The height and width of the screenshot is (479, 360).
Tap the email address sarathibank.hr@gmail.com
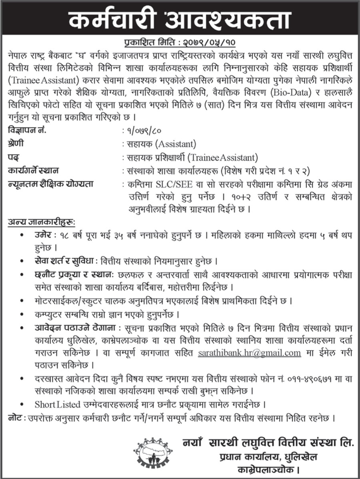250,353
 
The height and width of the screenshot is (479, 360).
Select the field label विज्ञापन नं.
24,130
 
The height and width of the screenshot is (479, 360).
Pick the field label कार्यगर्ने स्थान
33,171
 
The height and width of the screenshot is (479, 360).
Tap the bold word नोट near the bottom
15,418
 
